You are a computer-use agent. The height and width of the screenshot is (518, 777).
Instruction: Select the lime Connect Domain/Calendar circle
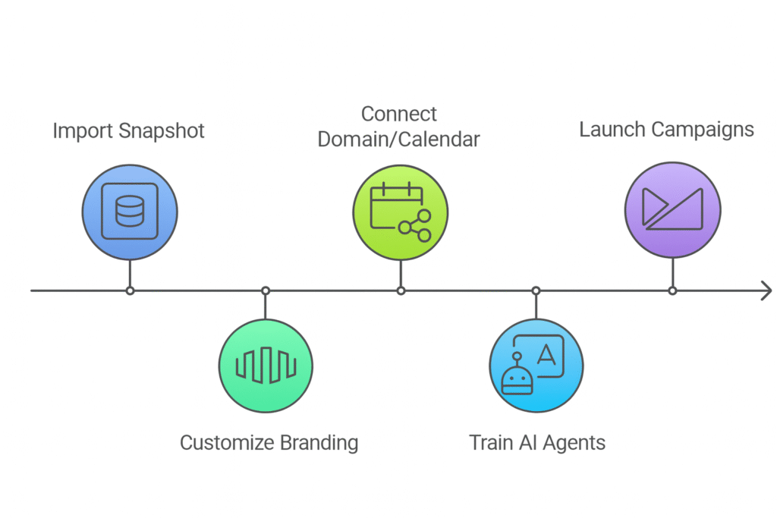[x=401, y=210]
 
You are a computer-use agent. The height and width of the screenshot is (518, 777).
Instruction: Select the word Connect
[x=399, y=114]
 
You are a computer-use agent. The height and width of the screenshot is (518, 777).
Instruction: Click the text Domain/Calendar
[x=399, y=140]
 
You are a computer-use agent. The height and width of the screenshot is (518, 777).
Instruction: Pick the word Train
[x=490, y=442]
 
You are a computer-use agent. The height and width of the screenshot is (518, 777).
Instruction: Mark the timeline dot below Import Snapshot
[x=130, y=290]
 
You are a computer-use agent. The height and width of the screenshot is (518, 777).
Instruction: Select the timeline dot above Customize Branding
[x=266, y=290]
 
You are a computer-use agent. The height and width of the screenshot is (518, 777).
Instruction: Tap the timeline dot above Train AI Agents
[x=536, y=290]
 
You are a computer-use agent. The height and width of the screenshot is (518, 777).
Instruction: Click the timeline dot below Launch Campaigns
[x=672, y=290]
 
